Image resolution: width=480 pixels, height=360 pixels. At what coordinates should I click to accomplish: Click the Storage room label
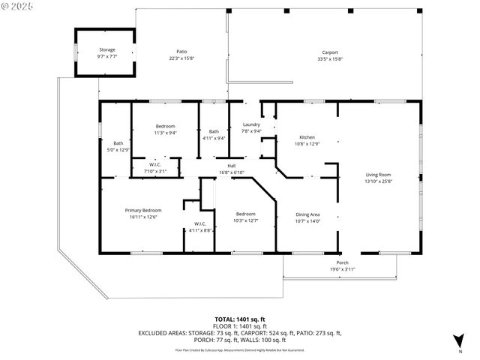tap(106, 49)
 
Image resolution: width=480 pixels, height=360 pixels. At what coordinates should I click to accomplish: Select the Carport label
tap(330, 52)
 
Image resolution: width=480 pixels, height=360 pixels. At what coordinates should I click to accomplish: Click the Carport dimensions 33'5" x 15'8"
tap(330, 59)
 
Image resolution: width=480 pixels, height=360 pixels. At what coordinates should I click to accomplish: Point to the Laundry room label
tap(251, 124)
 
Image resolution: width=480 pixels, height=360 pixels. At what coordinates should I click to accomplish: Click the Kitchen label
tap(307, 137)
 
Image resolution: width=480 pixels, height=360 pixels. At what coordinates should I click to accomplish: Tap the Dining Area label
tap(308, 214)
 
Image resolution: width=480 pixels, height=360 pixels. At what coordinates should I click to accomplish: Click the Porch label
tap(342, 262)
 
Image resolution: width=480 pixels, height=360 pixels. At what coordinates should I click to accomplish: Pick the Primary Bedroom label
tap(143, 210)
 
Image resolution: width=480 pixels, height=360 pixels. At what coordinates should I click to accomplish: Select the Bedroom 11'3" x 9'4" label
tap(165, 125)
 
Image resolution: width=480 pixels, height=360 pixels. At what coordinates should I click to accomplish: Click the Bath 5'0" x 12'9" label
tap(118, 143)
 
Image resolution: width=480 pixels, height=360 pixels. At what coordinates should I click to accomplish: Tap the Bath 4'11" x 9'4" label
tap(214, 131)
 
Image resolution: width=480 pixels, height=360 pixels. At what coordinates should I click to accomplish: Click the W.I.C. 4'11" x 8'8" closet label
tap(200, 224)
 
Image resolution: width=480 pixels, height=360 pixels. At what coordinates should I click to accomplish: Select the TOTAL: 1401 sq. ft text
tap(239, 319)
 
